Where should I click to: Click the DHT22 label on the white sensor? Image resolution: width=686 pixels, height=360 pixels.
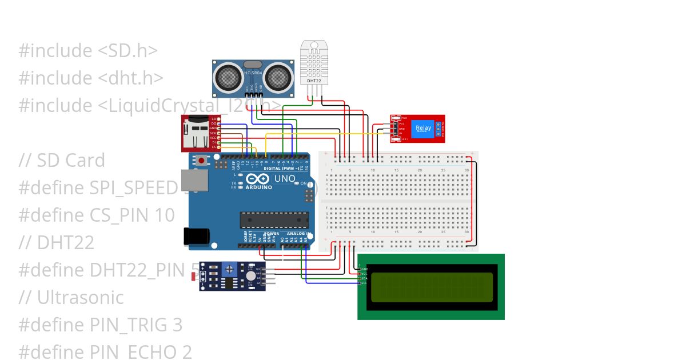click(314, 81)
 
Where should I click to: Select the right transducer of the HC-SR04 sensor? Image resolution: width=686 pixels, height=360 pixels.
click(278, 76)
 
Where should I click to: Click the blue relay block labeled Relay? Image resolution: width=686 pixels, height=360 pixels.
click(423, 129)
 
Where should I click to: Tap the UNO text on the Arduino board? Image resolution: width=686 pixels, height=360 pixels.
click(284, 179)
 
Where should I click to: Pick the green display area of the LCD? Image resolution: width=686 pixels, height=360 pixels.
click(432, 287)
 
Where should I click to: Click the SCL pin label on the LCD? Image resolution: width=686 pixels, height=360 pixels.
click(364, 283)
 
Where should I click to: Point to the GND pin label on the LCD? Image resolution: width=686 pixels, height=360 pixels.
click(364, 269)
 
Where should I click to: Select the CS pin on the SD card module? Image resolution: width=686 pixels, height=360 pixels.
click(214, 147)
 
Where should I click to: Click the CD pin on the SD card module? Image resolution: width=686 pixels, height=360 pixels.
click(214, 118)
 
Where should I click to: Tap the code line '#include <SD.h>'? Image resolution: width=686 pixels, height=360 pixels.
click(88, 51)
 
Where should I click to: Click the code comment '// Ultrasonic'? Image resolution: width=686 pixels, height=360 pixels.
click(71, 298)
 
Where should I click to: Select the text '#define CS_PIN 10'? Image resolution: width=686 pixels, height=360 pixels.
click(97, 215)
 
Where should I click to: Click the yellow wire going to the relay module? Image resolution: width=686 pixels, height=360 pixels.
click(320, 134)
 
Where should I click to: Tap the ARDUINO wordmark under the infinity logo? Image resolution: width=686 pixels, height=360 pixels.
click(259, 187)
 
